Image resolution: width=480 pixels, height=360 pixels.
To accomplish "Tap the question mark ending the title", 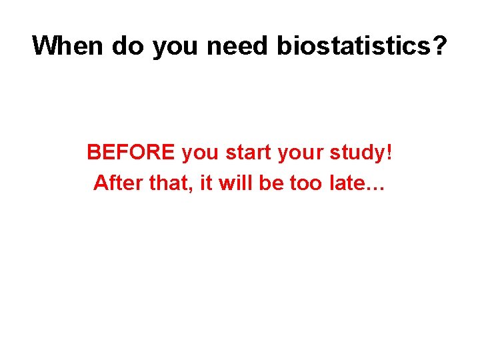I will coord(441,46).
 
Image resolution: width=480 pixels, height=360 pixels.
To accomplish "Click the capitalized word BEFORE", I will coord(131,152).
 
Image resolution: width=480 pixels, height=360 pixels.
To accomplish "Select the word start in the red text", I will coord(249,153).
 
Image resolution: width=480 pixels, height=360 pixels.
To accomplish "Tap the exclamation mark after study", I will coord(389,152).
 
